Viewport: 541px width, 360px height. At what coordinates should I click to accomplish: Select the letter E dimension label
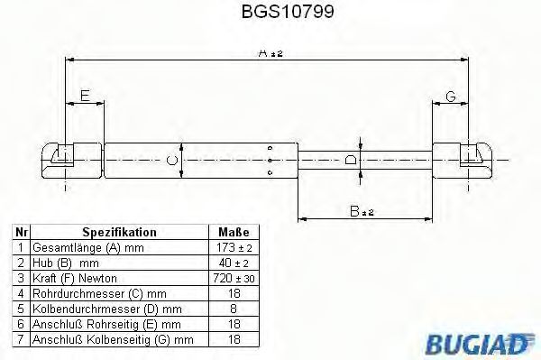84,96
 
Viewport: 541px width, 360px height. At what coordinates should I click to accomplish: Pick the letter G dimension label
451,97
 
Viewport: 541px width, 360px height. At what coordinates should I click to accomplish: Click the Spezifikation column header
119,232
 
